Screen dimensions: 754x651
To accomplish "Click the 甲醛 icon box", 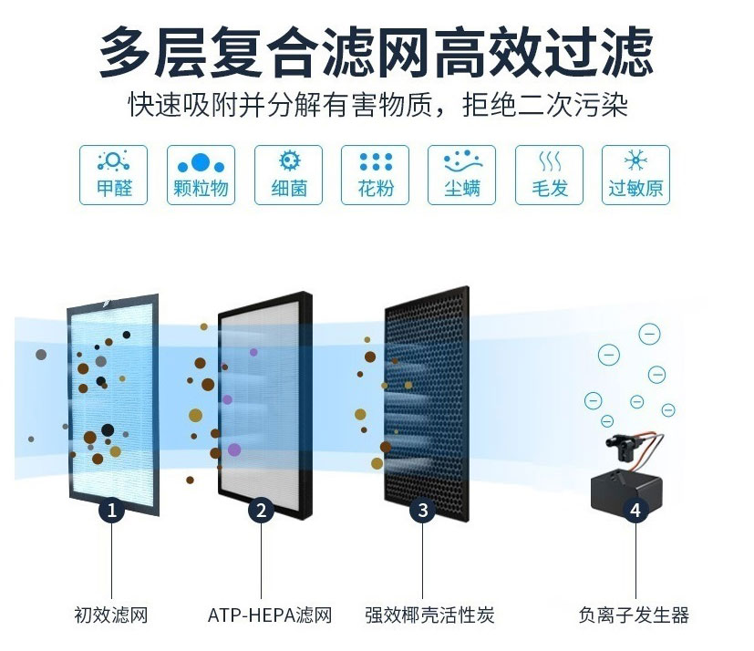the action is click(113, 175).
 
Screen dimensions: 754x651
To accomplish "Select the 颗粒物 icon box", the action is click(201, 175).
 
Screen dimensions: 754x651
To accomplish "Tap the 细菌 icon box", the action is click(288, 175).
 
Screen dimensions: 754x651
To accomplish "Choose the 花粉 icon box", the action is click(375, 175).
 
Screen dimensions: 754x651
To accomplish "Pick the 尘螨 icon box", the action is click(461, 175).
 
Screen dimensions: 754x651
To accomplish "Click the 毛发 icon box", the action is click(549, 175).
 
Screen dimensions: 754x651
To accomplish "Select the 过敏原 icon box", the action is click(635, 175).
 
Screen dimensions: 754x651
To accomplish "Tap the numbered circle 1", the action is click(111, 510).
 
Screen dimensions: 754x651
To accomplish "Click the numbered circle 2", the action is click(261, 510).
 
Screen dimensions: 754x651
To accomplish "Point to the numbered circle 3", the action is click(423, 510).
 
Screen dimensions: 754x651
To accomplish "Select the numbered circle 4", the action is click(635, 510).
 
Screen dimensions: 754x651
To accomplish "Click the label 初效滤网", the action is click(111, 615).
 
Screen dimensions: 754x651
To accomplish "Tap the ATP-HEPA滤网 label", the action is click(270, 615).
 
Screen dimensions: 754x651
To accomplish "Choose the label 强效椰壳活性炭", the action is click(429, 615).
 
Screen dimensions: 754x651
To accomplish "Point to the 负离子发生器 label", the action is click(634, 615).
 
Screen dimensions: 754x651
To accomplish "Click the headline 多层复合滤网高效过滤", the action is click(377, 52).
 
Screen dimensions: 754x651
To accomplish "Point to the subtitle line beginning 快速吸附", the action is click(378, 104).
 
